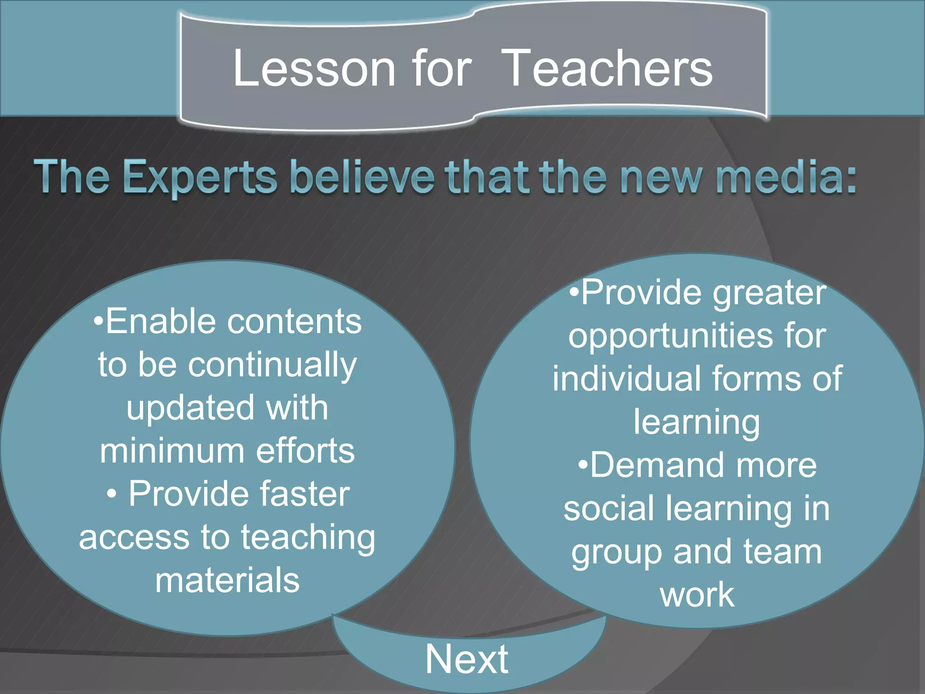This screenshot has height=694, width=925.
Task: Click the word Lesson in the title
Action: pos(313,69)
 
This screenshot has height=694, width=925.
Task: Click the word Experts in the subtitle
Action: pos(199,177)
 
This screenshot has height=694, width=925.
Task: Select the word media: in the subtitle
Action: pos(786,177)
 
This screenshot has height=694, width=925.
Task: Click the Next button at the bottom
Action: pos(467,659)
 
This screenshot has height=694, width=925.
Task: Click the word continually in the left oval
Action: pos(272,365)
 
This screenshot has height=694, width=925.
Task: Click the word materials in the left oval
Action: pos(227,580)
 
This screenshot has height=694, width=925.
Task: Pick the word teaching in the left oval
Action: pos(308,538)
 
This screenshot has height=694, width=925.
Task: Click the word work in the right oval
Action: pos(697,595)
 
